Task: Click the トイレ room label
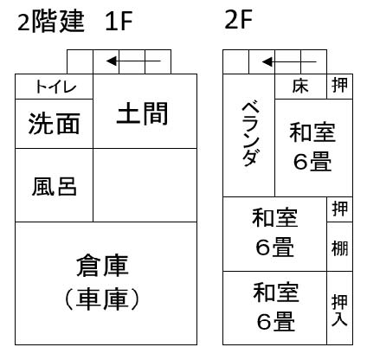click(55, 87)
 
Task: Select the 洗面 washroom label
click(54, 124)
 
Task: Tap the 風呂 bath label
click(55, 186)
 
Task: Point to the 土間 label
click(142, 113)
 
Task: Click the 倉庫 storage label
click(102, 266)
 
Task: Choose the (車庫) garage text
click(102, 299)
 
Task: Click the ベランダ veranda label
click(250, 134)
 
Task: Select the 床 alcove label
click(300, 86)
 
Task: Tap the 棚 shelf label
click(339, 248)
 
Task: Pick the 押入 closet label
click(339, 310)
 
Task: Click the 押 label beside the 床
click(339, 85)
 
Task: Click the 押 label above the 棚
click(339, 209)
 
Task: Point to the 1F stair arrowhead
click(112, 61)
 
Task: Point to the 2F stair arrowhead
click(267, 61)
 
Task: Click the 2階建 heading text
click(51, 22)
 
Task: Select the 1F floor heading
click(119, 22)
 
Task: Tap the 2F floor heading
click(238, 19)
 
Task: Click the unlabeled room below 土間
click(145, 185)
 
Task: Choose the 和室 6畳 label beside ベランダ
click(312, 147)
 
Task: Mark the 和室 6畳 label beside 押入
click(276, 307)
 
